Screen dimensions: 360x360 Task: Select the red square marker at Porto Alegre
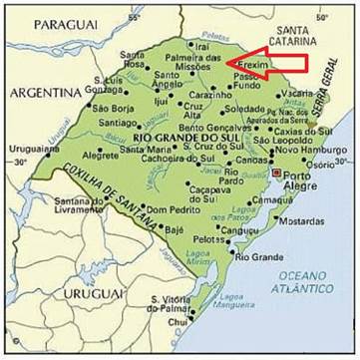coord(275,173)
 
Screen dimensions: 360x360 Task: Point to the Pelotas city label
coord(207,240)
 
